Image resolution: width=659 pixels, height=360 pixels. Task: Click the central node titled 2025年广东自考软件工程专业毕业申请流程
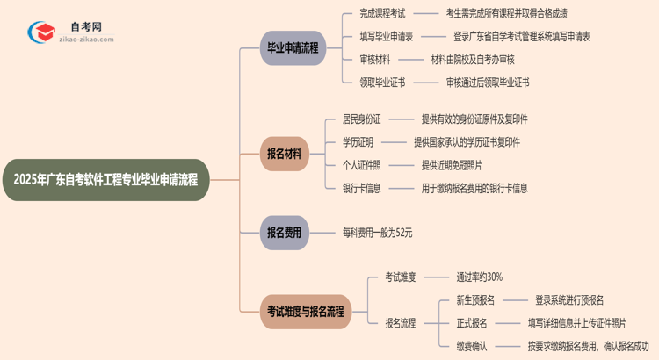[105, 180]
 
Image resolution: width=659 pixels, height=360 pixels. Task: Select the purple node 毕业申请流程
[293, 48]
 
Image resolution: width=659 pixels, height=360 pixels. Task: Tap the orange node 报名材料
[284, 154]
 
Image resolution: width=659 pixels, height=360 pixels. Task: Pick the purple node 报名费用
[284, 233]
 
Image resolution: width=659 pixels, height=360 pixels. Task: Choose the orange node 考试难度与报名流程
[306, 311]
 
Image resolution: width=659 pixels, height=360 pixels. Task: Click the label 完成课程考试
[382, 14]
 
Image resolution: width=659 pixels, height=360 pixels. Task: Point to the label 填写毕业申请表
[387, 37]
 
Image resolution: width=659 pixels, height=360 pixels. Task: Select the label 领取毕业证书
[382, 83]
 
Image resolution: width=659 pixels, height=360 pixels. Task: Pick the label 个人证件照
[362, 165]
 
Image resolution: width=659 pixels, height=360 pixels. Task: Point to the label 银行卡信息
[362, 188]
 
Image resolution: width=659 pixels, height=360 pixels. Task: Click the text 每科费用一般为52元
[377, 233]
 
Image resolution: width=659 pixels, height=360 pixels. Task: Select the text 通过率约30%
[479, 277]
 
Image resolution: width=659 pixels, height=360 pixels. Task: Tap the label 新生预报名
[475, 300]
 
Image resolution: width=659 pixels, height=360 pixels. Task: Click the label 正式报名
[472, 323]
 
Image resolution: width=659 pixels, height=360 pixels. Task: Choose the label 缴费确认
[472, 346]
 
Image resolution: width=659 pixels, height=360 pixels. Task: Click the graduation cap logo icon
[40, 33]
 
